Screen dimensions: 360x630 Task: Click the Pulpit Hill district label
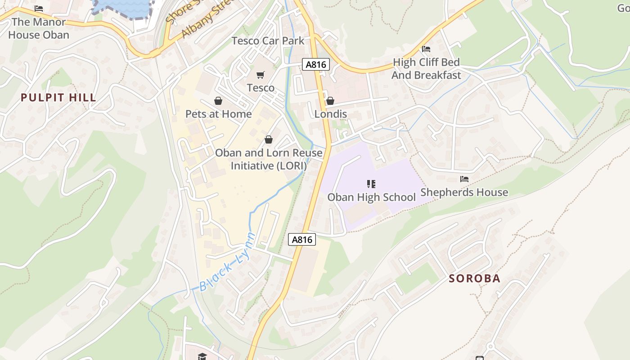click(x=58, y=98)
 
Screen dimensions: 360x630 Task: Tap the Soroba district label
click(x=474, y=279)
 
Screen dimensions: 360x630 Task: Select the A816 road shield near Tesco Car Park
click(x=315, y=65)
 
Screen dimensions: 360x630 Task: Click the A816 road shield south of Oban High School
click(x=302, y=240)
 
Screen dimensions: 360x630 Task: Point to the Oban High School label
click(x=371, y=197)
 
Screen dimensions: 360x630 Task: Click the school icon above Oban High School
click(x=371, y=184)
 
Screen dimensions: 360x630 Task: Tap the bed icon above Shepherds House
click(x=464, y=179)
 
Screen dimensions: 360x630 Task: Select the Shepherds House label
click(x=464, y=193)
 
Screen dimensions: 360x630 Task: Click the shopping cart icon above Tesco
click(x=261, y=75)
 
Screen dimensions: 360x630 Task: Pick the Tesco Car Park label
click(x=268, y=41)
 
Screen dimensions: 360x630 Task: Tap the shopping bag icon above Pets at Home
click(x=218, y=101)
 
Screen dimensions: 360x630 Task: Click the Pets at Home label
click(x=218, y=114)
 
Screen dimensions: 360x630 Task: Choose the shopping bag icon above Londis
click(x=330, y=101)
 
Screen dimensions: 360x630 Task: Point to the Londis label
click(x=330, y=114)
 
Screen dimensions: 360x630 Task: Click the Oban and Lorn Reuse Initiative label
click(x=269, y=159)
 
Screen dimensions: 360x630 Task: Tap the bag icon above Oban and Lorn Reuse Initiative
click(x=269, y=140)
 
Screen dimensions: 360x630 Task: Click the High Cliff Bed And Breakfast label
click(x=426, y=68)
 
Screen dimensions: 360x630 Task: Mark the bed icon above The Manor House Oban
click(x=39, y=9)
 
